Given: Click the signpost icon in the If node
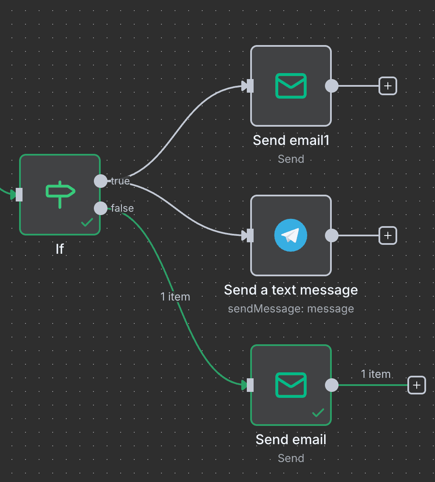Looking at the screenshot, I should (x=60, y=194).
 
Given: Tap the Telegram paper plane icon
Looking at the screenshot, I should (x=291, y=235).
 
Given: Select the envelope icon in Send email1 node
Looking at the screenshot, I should (x=291, y=86).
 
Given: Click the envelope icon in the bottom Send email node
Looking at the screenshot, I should (x=291, y=385).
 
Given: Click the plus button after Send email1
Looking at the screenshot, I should (x=387, y=86).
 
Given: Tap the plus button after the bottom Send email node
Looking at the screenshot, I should (x=417, y=385).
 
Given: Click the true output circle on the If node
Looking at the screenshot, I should (x=101, y=181).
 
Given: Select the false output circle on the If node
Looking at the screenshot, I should (x=101, y=208).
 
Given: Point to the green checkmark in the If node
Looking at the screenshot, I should (x=87, y=222).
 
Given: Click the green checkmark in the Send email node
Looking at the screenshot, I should (x=318, y=412).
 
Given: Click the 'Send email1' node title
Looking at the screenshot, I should (x=291, y=140).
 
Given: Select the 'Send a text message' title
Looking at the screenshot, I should (x=291, y=290).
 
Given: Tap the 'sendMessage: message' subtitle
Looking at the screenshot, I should (x=291, y=309).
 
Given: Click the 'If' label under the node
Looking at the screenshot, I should (x=60, y=249).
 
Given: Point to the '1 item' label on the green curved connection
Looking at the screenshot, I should (x=175, y=297).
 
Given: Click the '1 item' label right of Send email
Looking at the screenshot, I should (x=376, y=374).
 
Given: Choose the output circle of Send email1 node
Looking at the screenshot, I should (x=332, y=86).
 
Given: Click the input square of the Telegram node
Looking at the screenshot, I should (x=250, y=235).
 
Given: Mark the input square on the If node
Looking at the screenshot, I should (x=19, y=195).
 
